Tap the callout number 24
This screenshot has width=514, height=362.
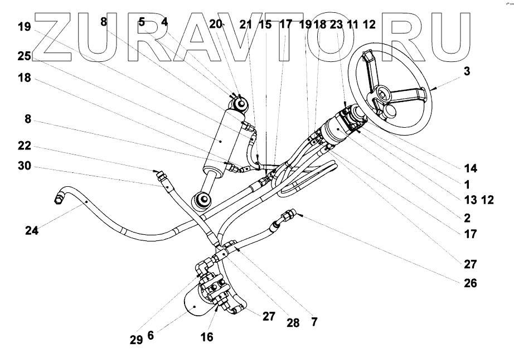tap(32, 229)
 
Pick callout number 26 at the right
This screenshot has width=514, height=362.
tap(470, 283)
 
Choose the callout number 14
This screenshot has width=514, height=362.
tap(470, 168)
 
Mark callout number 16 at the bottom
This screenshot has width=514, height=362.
tap(207, 337)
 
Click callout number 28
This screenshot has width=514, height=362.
tap(293, 322)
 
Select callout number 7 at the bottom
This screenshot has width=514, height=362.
tap(315, 322)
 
